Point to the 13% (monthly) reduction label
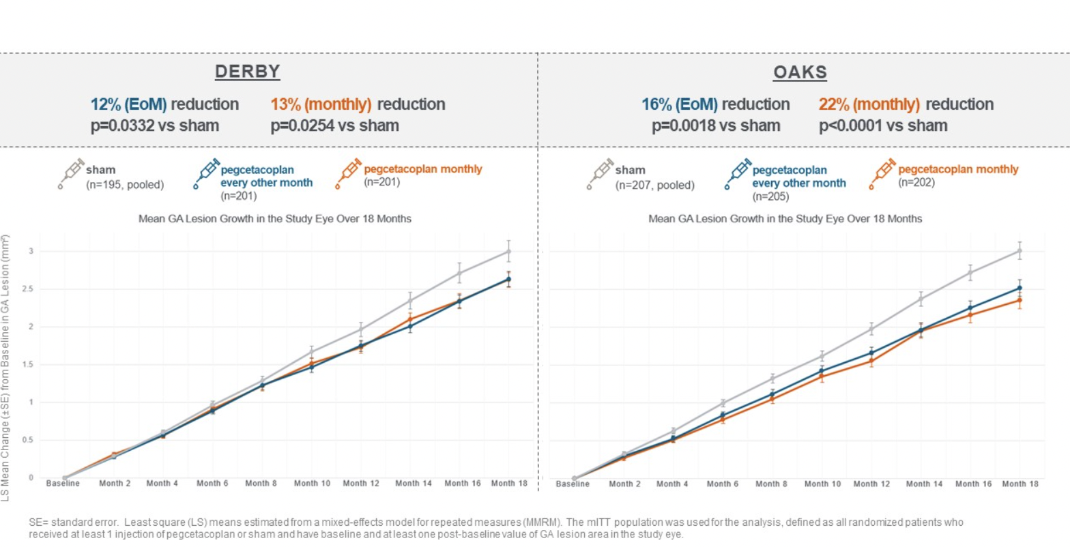358,104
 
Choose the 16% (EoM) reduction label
715,104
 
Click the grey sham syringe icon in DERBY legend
70,173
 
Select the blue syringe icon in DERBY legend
205,173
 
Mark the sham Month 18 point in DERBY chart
508,252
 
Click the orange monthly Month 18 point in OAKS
1020,300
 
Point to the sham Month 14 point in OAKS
921,299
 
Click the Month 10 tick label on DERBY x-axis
312,484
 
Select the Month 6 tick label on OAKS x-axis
723,484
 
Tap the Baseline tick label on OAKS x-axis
575,484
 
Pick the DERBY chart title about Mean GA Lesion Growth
265,219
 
